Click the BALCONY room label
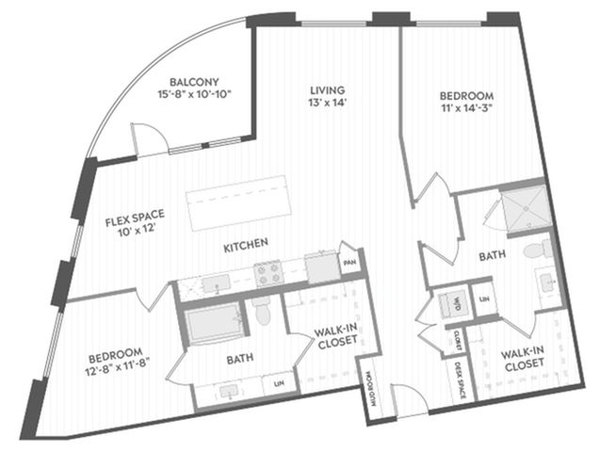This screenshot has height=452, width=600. [194, 82]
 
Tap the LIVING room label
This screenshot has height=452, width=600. [327, 90]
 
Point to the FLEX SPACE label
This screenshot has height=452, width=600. [135, 218]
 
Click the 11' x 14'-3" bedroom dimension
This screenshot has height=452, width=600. [465, 107]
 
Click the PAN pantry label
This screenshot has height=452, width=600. [349, 263]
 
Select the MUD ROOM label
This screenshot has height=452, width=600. [372, 389]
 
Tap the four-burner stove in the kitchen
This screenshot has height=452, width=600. [268, 273]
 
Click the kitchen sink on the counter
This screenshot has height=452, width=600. [216, 283]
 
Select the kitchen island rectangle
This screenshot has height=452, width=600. [236, 203]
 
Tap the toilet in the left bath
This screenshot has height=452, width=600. [262, 311]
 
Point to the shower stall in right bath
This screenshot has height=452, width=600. [527, 209]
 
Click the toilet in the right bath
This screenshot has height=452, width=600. [538, 250]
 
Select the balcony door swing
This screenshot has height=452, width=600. [150, 139]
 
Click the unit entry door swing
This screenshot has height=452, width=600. [409, 400]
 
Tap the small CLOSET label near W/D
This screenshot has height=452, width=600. [457, 340]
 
